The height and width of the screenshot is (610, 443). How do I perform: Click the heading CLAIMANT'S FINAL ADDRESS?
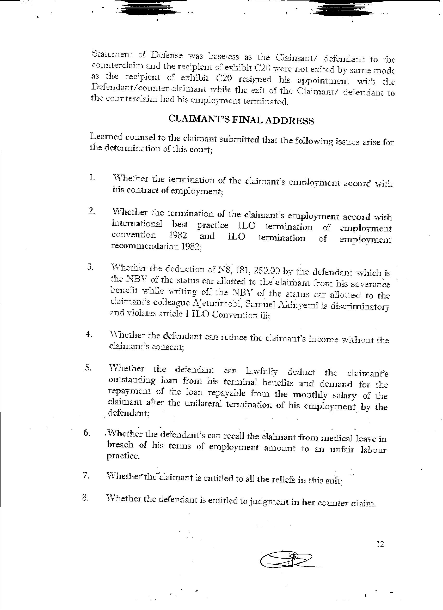241,120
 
